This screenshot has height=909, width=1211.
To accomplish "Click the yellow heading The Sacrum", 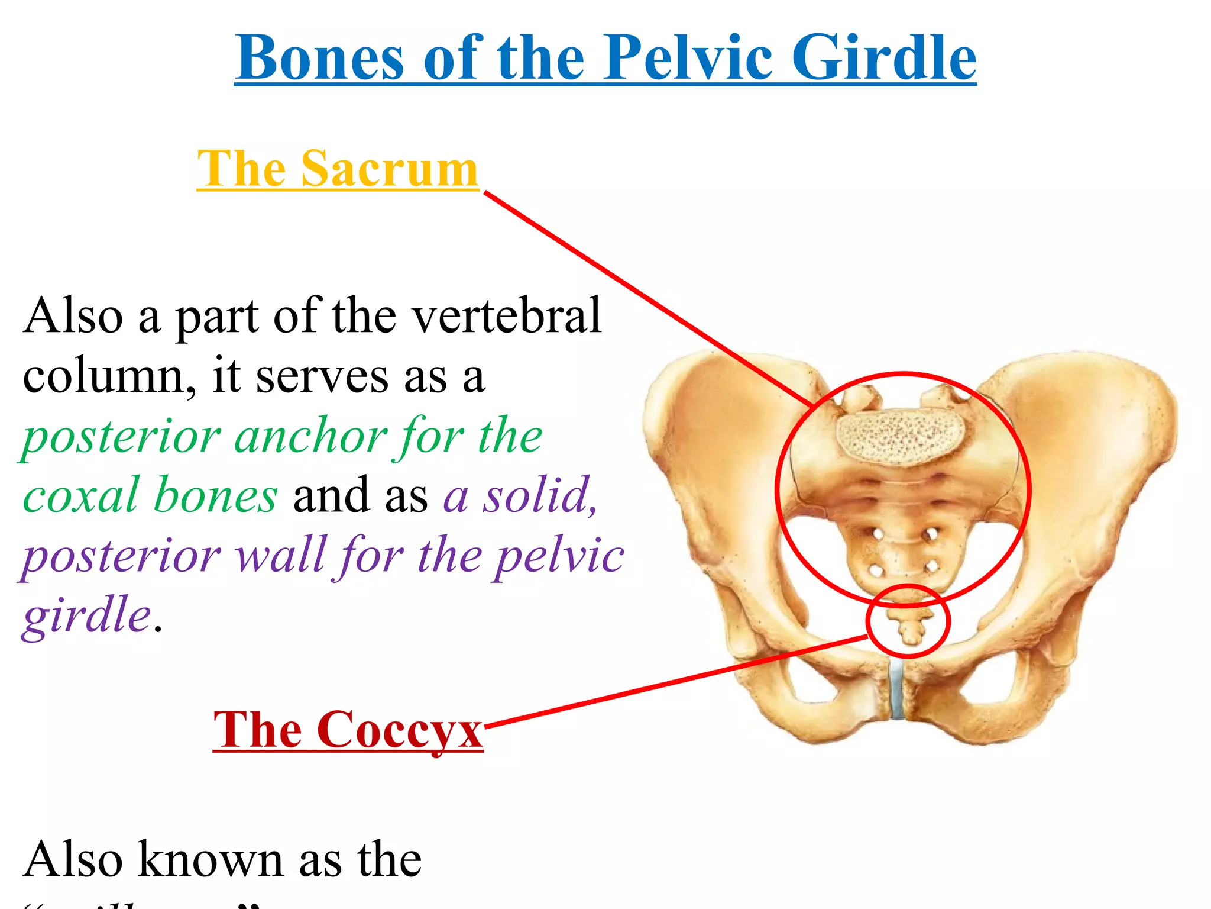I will (x=338, y=169).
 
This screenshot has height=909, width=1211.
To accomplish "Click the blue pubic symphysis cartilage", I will (x=898, y=689).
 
